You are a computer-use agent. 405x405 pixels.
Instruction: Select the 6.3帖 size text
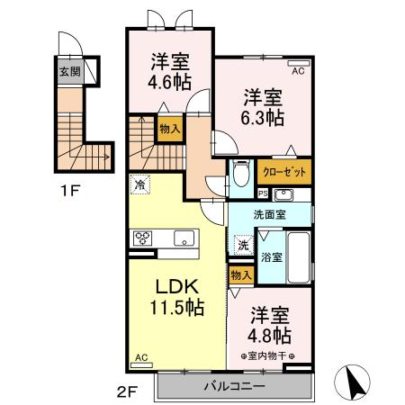pyautogui.click(x=264, y=118)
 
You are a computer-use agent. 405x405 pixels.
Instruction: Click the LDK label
pyautogui.click(x=176, y=287)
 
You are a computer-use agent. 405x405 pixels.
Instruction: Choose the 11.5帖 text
pyautogui.click(x=176, y=308)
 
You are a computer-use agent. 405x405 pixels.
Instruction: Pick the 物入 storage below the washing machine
pyautogui.click(x=239, y=274)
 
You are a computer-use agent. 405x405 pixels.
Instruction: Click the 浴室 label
pyautogui.click(x=272, y=256)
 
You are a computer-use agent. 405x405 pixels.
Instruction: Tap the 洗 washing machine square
pyautogui.click(x=243, y=244)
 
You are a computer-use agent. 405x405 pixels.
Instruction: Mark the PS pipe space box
pyautogui.click(x=262, y=193)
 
